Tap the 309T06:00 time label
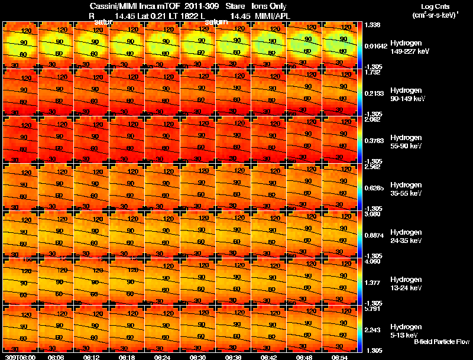click(20, 357)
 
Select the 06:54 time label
click(340, 357)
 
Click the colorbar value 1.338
click(374, 25)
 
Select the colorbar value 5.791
click(374, 309)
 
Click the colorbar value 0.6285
click(375, 188)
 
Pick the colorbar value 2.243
click(374, 330)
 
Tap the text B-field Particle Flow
click(442, 342)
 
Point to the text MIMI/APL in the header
click(270, 15)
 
